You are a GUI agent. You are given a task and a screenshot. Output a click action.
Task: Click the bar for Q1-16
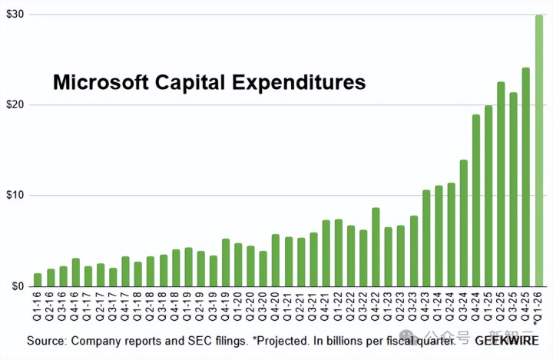(38, 279)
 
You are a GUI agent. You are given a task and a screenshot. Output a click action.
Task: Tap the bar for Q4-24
(475, 200)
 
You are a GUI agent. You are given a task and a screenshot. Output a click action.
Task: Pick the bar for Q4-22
(376, 246)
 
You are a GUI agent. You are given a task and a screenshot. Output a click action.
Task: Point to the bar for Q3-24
(463, 223)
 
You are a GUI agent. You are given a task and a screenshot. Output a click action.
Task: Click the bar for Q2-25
(501, 183)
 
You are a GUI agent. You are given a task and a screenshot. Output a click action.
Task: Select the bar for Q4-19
(226, 262)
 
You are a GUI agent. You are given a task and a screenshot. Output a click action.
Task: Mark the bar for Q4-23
(426, 238)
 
